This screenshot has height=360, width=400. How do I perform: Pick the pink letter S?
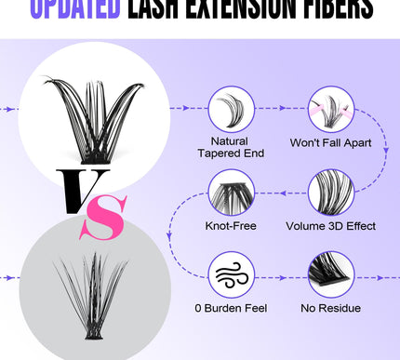pyautogui.click(x=110, y=221)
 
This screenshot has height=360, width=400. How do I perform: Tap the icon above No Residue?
pyautogui.click(x=331, y=274)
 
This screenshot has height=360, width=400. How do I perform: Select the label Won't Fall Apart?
pyautogui.click(x=331, y=141)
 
